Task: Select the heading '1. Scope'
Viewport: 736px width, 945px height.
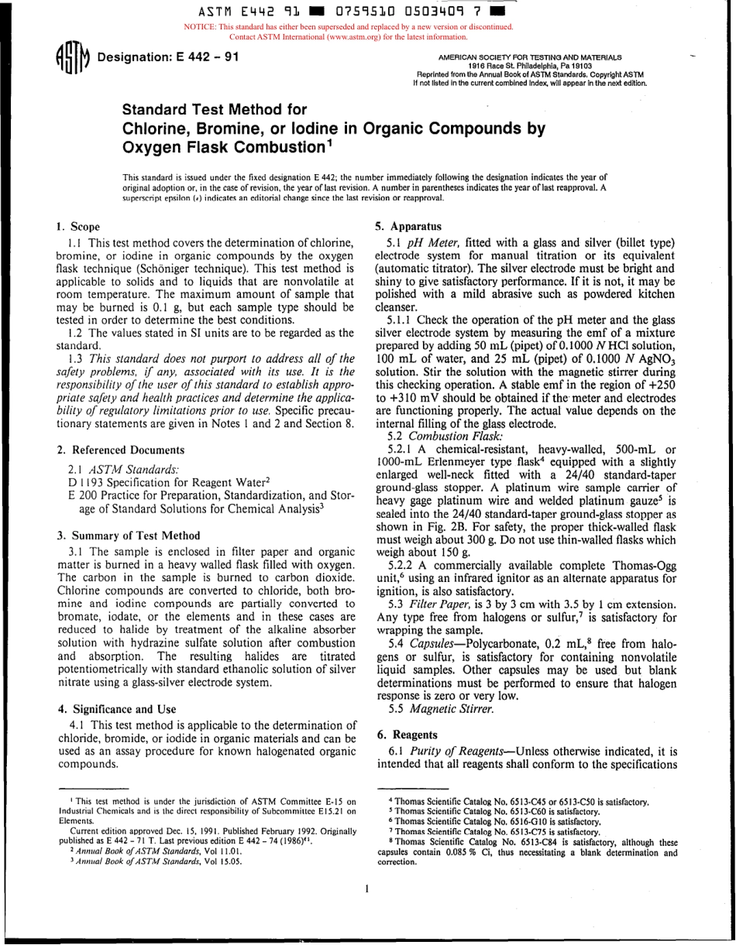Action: (78, 227)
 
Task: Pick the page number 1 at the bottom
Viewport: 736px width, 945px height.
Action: (366, 889)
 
